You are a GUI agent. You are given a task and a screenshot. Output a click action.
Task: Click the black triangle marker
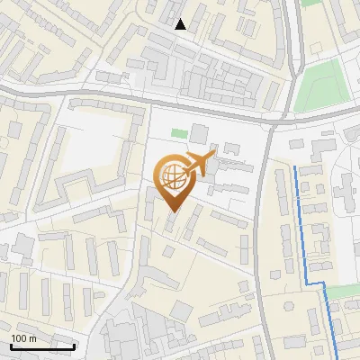[181, 24]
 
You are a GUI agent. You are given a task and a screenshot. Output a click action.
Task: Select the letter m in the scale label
[32, 337]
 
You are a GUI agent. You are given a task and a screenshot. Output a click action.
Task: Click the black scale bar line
[41, 346]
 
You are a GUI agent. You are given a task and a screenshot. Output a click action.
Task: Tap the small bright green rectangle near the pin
[179, 134]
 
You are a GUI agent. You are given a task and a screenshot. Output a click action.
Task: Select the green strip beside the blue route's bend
[343, 292]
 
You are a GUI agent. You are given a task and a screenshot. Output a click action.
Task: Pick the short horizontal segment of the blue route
[314, 283]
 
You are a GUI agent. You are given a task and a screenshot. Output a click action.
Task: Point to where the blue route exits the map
[336, 357]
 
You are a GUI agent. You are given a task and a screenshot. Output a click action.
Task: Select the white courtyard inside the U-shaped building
[94, 144]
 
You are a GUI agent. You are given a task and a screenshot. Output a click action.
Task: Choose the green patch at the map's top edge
[311, 3]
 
